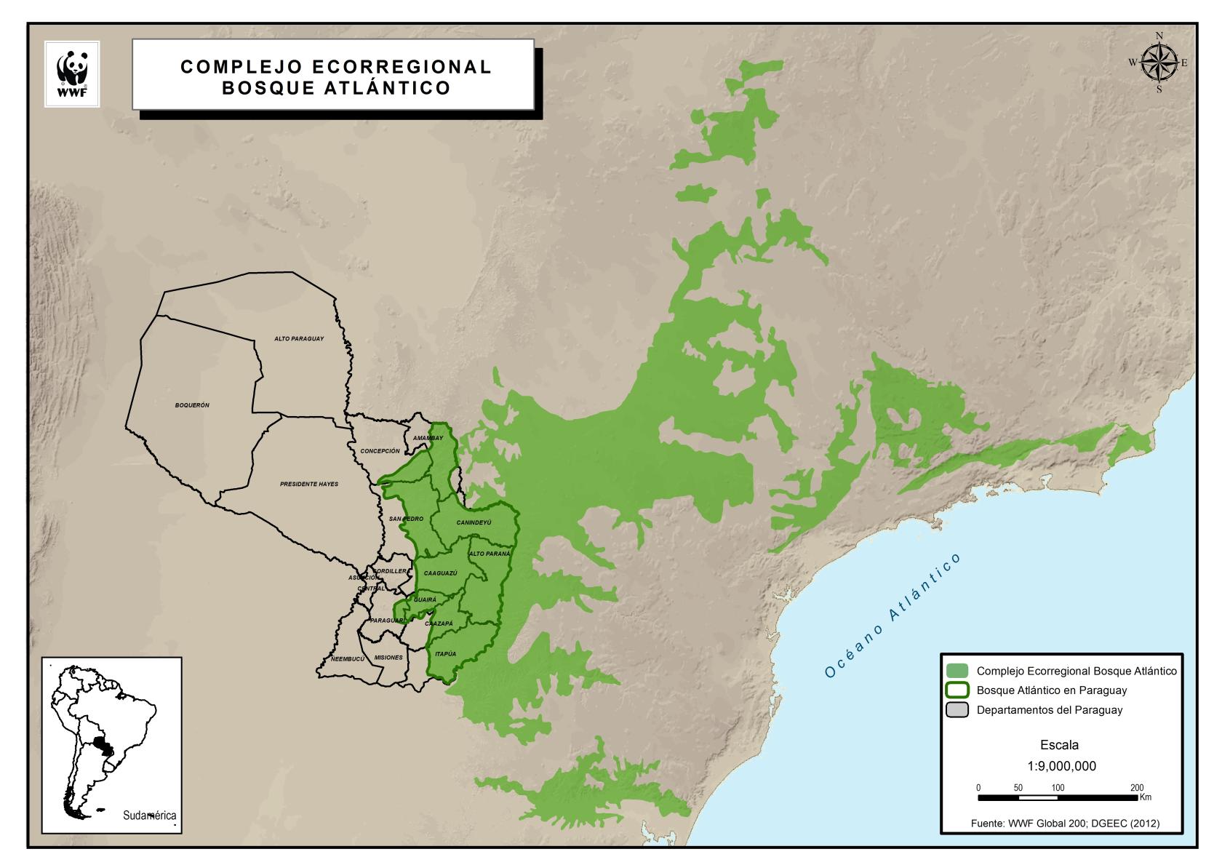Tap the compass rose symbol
click(x=1159, y=63)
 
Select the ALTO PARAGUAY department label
click(x=299, y=339)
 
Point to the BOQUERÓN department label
click(x=192, y=405)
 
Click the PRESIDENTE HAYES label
click(x=308, y=484)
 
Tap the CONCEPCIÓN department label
click(x=380, y=451)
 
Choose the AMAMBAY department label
click(x=428, y=438)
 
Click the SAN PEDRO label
click(x=405, y=519)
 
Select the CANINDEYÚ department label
click(x=474, y=522)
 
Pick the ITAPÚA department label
click(x=445, y=653)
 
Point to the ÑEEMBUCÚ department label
click(x=347, y=659)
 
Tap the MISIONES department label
click(x=388, y=658)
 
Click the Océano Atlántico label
click(x=892, y=615)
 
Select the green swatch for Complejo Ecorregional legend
click(x=958, y=671)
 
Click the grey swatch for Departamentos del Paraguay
click(x=958, y=710)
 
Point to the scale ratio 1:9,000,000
click(x=1061, y=766)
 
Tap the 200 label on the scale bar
click(x=1137, y=788)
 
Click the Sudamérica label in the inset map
click(x=150, y=816)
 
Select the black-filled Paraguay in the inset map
click(x=103, y=746)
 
